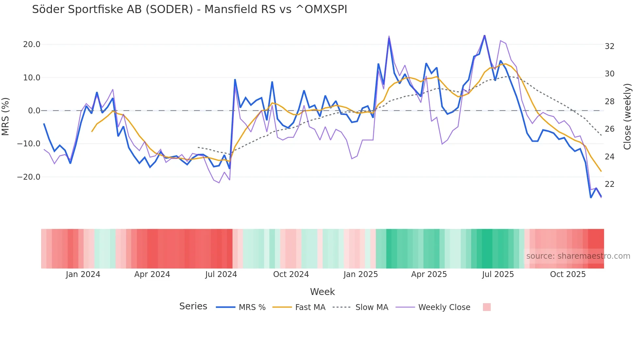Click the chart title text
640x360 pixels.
pos(189,9)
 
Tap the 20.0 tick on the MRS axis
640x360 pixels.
pos(32,44)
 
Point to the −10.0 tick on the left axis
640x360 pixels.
pos(29,144)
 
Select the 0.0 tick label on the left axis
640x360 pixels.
pos(34,111)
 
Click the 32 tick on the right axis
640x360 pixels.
pos(609,46)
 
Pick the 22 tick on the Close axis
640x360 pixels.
pos(609,184)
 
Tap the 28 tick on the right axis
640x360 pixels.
pos(609,102)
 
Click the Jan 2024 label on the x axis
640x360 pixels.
pos(83,274)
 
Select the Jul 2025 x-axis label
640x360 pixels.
pos(498,274)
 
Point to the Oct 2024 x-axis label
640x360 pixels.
pos(291,274)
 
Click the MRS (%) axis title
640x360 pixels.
pos(6,116)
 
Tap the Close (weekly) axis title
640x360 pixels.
pos(627,117)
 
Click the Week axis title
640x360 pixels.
pos(322,292)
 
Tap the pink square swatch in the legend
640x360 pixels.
pos(487,307)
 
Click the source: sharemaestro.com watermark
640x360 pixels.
pos(578,256)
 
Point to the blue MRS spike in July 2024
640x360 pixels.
pos(235,80)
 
